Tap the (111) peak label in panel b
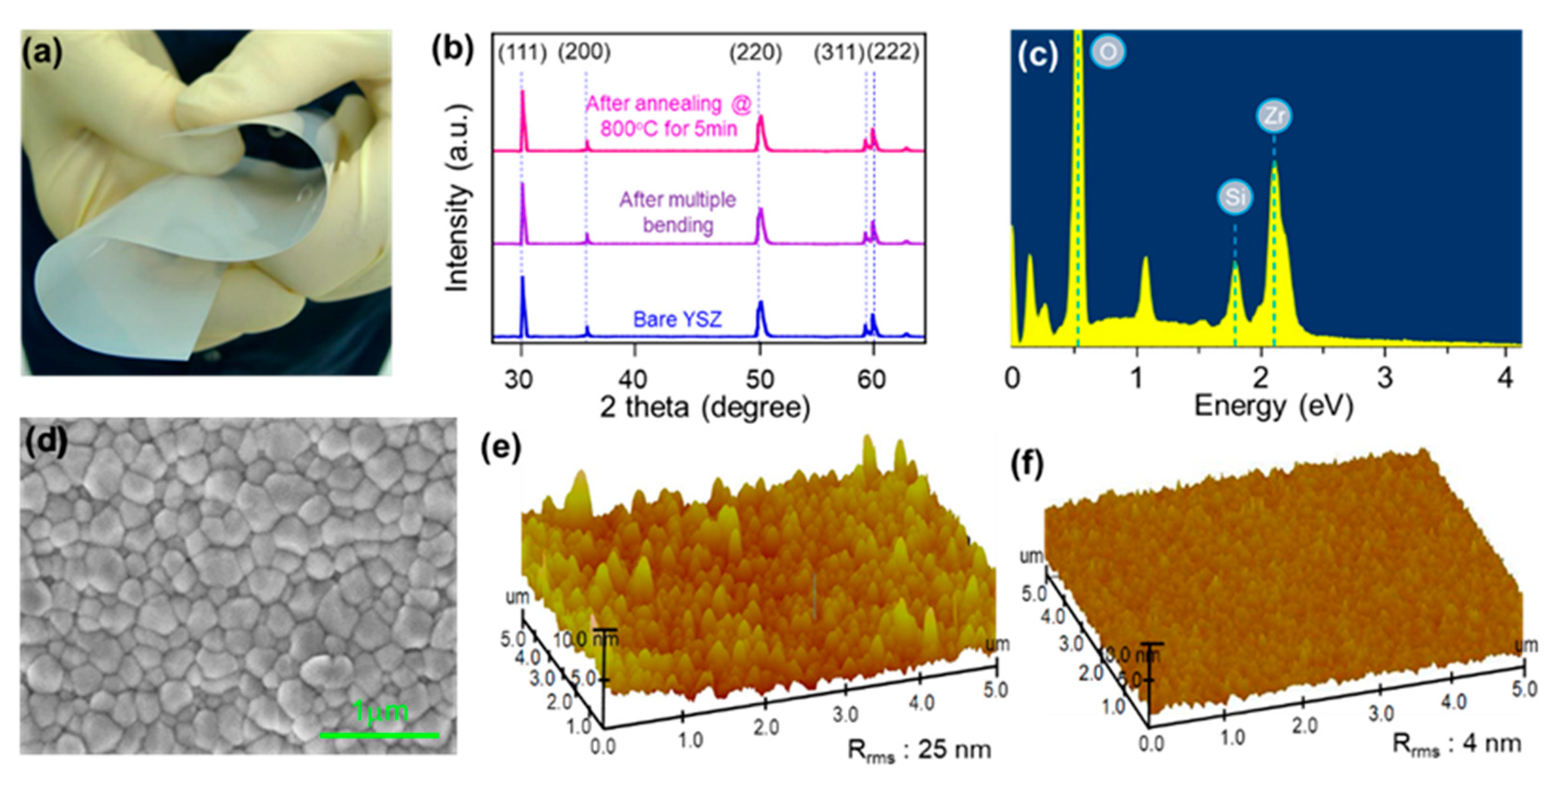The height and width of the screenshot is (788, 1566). (522, 53)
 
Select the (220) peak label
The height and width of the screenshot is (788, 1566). (756, 53)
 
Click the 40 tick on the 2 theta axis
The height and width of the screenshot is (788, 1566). (634, 379)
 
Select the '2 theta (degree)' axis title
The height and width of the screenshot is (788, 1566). (705, 407)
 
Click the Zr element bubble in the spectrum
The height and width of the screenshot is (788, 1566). (1274, 115)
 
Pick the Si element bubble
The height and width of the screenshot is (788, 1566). (1235, 197)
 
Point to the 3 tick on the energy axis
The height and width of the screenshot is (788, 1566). (1385, 378)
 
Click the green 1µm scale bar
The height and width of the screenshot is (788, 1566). (380, 735)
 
